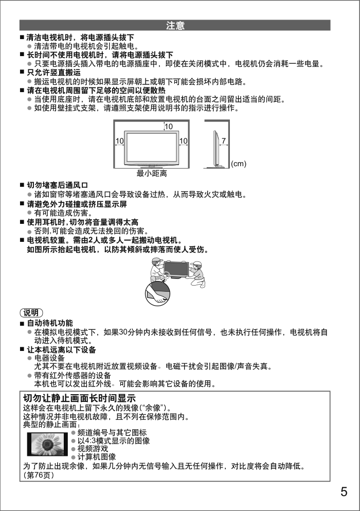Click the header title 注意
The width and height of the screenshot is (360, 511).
[x=175, y=25]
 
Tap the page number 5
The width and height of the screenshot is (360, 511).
[x=344, y=491]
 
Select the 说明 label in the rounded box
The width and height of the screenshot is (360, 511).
[x=31, y=313]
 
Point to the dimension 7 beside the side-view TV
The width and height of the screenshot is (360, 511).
[x=224, y=140]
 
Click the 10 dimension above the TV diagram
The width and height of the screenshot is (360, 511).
[x=168, y=126]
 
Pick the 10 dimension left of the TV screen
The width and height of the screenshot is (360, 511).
[x=119, y=140]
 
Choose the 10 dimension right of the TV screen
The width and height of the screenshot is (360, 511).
[x=183, y=140]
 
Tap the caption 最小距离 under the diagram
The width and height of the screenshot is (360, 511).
[x=151, y=174]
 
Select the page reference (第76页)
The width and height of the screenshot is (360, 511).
[x=38, y=475]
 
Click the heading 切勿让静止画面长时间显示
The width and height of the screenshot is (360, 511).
[x=79, y=398]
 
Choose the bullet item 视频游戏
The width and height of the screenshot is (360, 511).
[x=93, y=449]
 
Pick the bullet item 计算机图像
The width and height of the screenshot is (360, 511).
[x=96, y=457]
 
